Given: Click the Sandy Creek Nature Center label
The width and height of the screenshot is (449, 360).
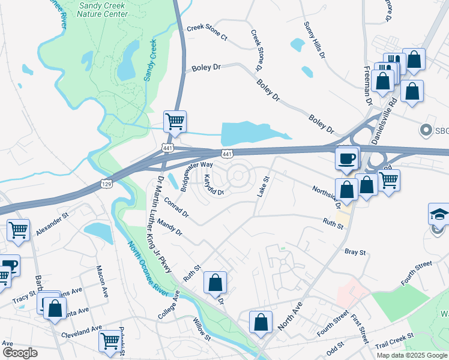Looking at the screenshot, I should coord(103,9).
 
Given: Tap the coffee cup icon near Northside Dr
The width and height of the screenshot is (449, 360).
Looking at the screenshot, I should coord(348,158).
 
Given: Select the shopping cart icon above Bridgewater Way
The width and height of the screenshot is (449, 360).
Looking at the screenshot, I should coord(175,121).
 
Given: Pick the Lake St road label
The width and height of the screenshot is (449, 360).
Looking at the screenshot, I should coord(263,186).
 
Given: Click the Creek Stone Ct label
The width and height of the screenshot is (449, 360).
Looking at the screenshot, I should coord(207,32).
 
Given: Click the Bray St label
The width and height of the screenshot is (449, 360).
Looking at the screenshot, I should coord(355,253).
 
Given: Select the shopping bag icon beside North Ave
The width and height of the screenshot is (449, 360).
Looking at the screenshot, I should coord(261,322).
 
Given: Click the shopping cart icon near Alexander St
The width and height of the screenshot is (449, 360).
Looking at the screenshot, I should coord(19,230).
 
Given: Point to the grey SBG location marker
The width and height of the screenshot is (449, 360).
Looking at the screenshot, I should coord(426,130).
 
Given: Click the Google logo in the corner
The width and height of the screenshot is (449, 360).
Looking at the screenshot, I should coord(20,353).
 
